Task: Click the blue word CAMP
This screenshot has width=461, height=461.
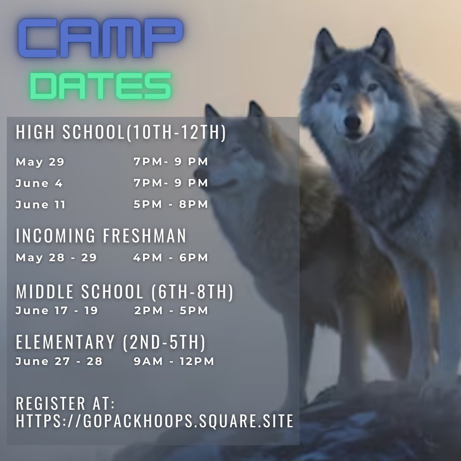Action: point(101,39)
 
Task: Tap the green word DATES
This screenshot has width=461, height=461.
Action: point(101,86)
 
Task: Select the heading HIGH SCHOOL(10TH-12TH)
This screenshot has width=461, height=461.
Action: point(121,133)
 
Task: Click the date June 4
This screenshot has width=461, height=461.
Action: point(39,183)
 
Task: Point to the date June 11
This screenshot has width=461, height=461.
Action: point(41,204)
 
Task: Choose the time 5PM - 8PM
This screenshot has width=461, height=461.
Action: point(171,204)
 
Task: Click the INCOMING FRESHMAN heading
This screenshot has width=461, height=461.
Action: point(101,236)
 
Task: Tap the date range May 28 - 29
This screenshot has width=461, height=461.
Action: point(56,258)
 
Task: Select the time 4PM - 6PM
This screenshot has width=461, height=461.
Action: point(171,258)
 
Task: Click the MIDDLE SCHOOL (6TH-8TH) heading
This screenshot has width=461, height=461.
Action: point(125,292)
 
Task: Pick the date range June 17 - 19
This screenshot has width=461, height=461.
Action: point(57,311)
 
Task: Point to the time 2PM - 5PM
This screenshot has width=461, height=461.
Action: point(171,311)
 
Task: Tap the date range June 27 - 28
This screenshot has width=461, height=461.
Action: point(59,361)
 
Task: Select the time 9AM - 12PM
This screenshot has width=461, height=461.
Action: point(174,361)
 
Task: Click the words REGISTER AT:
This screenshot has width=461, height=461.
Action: point(66,403)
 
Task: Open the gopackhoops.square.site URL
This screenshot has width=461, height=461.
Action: point(155,421)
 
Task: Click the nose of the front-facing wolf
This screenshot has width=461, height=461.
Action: point(353,123)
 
